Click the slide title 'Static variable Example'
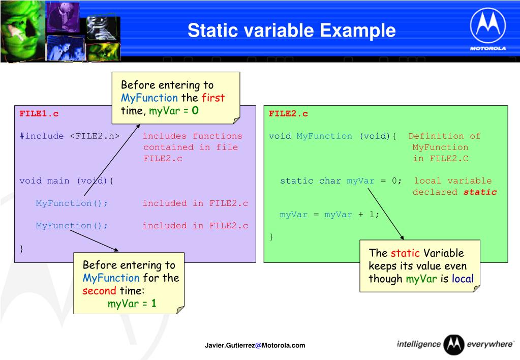[x=291, y=30]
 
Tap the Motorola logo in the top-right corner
[x=488, y=29]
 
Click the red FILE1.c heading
[x=39, y=114]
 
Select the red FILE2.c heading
[x=288, y=114]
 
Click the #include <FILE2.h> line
[x=70, y=136]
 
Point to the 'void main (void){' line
[x=66, y=181]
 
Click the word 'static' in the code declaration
[x=296, y=181]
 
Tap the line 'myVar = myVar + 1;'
[x=329, y=215]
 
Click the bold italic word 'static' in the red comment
[x=480, y=192]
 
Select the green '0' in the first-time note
[x=195, y=110]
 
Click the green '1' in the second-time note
[x=154, y=303]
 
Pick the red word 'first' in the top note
[x=213, y=98]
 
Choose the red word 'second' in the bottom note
[x=99, y=291]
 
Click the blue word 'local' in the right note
[x=463, y=278]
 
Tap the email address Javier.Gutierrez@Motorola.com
[x=255, y=345]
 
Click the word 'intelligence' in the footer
[x=419, y=344]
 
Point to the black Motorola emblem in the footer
[x=454, y=345]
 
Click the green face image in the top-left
[x=22, y=31]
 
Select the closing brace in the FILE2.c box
[x=271, y=237]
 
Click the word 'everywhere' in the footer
[x=490, y=344]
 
